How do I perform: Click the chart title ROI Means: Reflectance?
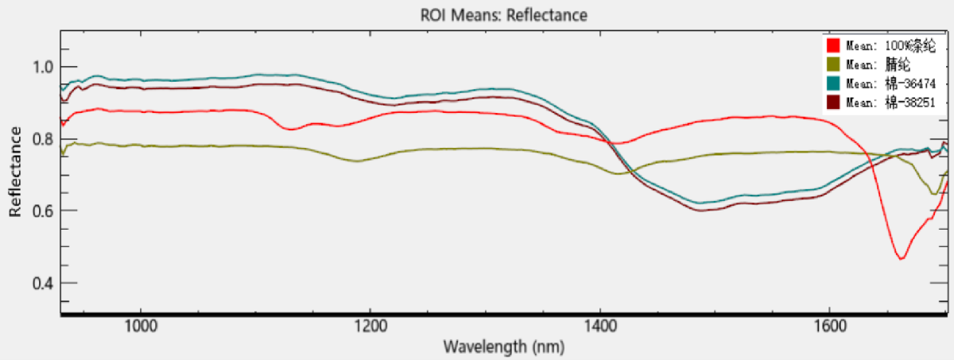pyautogui.click(x=504, y=15)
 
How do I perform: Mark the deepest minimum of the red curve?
pyautogui.click(x=901, y=258)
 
